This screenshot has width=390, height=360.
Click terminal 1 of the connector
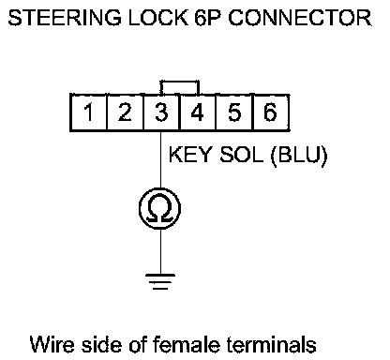(88, 112)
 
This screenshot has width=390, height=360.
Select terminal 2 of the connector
(125, 112)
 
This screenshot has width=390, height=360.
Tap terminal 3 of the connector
(161, 112)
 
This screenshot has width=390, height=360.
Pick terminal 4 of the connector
(198, 112)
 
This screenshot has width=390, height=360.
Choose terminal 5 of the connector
(234, 112)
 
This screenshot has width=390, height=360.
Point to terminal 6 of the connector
(271, 112)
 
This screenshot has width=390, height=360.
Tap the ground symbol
(160, 281)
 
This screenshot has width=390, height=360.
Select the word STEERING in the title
(65, 18)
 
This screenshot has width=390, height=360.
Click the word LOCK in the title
(158, 18)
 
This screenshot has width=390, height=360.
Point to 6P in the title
(208, 18)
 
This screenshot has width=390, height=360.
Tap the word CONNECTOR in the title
(300, 18)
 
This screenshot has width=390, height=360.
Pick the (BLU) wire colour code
(299, 155)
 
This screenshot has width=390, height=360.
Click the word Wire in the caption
(52, 345)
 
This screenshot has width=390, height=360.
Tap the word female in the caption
(187, 345)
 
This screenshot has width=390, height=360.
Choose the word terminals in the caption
(271, 345)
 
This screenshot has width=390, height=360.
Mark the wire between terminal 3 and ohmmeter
(161, 159)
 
